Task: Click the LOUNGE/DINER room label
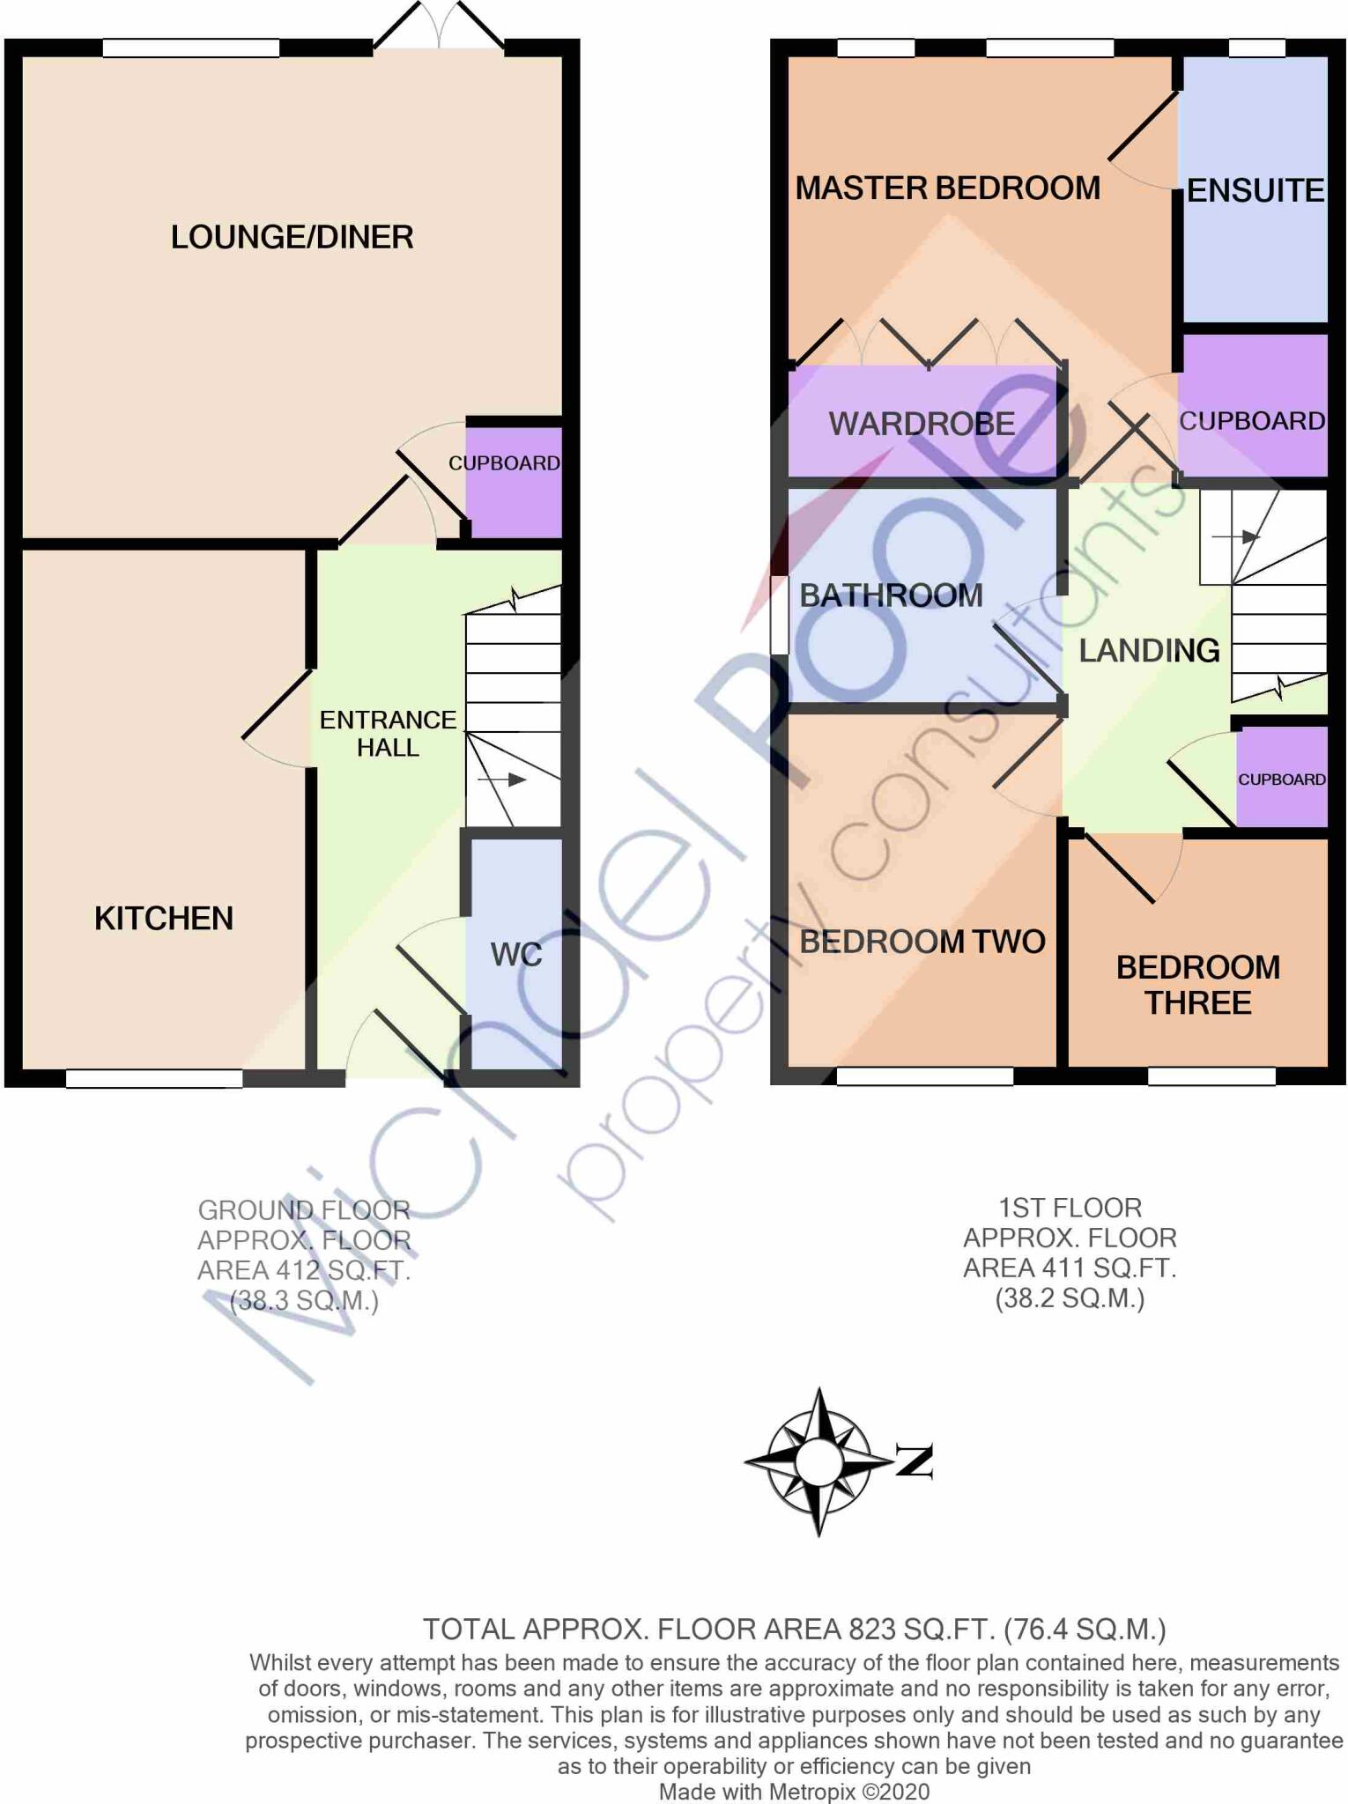tap(292, 237)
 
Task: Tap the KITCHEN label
tap(164, 919)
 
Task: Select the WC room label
tap(515, 954)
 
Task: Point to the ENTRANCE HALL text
tap(388, 734)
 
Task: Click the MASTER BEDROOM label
tap(947, 189)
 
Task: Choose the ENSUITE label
tap(1255, 190)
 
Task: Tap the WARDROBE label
tap(922, 424)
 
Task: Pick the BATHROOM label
tap(891, 595)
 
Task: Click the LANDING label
tap(1149, 650)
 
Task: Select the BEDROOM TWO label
tap(922, 942)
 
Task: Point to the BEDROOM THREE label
tap(1197, 985)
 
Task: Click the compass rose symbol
tap(818, 1461)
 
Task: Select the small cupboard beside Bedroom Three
tap(1281, 779)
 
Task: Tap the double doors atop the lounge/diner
tap(438, 26)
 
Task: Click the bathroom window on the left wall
tap(779, 615)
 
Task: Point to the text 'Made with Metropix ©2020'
tap(794, 1791)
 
